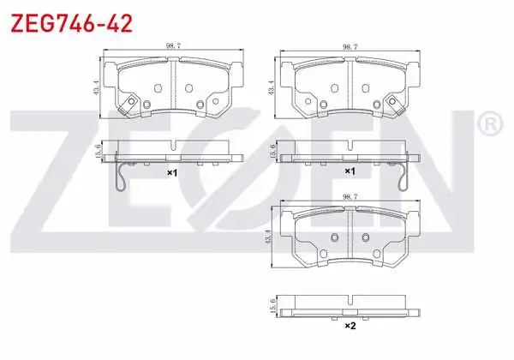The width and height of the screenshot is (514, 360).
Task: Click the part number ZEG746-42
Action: click(71, 24)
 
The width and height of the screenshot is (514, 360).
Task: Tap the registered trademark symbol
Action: click(489, 124)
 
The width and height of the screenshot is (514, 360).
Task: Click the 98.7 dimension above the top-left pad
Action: click(173, 46)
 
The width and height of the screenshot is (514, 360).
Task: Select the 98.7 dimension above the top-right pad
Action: click(350, 47)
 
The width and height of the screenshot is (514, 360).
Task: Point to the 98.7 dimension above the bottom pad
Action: click(350, 197)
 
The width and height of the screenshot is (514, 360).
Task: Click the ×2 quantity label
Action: click(350, 326)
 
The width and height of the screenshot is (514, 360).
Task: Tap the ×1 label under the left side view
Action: click(172, 172)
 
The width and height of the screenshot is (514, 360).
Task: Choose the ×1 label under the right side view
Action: click(350, 171)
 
